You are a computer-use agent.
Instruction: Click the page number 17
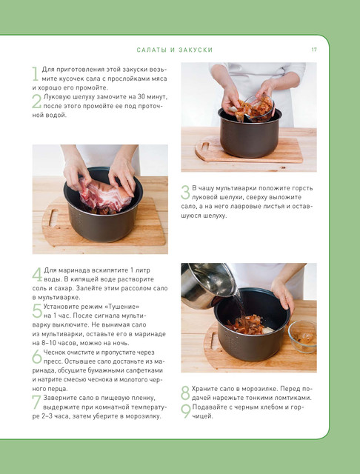(314, 50)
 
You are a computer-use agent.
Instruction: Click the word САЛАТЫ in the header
(152, 50)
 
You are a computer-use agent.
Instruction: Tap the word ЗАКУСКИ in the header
(196, 50)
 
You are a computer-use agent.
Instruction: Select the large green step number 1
(36, 74)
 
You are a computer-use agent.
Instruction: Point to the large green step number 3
(185, 193)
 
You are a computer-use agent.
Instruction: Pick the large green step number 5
(37, 311)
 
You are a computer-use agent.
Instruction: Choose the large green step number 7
(36, 402)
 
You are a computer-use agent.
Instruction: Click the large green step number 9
(186, 412)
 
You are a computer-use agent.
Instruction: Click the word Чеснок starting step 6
(53, 353)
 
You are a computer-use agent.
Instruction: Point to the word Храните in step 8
(203, 389)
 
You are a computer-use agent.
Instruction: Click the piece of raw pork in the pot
(105, 196)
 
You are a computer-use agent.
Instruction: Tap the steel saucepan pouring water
(208, 284)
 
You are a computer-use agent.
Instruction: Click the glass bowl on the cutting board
(302, 337)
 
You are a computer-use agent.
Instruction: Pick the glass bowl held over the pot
(259, 107)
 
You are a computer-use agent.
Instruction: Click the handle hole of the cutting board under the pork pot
(53, 218)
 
